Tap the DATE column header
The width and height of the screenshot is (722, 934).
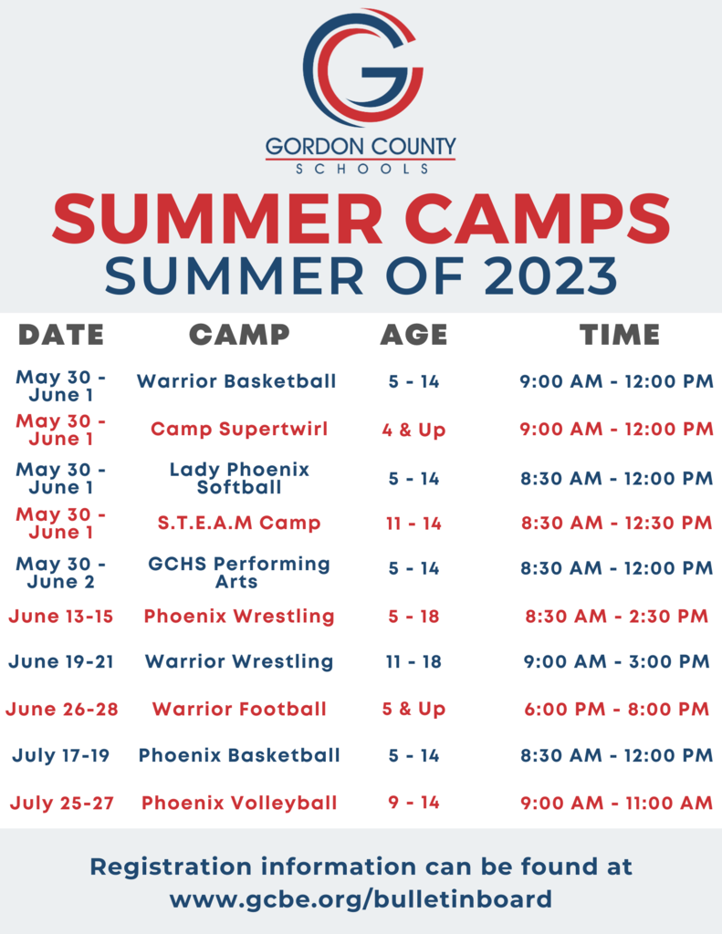[61, 335]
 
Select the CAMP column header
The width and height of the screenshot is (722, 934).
[239, 335]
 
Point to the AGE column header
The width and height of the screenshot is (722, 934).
[413, 335]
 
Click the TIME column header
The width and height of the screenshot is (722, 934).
[620, 335]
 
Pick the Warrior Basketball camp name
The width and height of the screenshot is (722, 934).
[236, 381]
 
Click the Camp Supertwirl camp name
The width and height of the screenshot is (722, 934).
[239, 429]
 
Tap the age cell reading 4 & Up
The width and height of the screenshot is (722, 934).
[413, 430]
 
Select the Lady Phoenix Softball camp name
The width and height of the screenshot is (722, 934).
[239, 478]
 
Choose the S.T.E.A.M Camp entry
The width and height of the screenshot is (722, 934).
[239, 523]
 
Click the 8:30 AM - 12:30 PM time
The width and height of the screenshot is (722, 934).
[616, 523]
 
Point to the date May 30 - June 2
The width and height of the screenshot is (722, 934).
[61, 573]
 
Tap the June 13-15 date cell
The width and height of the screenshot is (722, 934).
[61, 616]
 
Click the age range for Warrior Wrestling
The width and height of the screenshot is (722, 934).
[413, 662]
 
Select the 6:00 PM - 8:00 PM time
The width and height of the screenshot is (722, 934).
[616, 709]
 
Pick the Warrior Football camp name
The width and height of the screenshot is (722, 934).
[239, 709]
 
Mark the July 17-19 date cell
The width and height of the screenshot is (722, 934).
[61, 755]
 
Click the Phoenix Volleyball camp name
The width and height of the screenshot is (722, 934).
[239, 803]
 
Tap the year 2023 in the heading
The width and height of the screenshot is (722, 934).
[550, 275]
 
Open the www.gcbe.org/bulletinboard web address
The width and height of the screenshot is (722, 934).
[361, 898]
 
